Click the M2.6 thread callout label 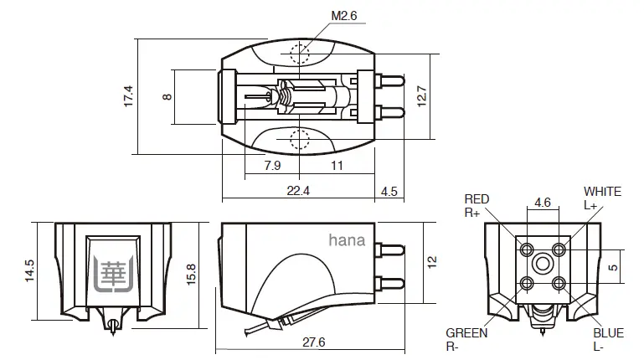point(319,15)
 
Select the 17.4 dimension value point(128,95)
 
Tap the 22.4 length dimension point(298,191)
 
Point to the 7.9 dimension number point(272,166)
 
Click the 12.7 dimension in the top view point(422,96)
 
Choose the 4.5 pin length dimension point(389,191)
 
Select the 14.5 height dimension point(28,270)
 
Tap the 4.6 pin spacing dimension point(542,202)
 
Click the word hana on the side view point(347,241)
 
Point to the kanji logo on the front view point(114,271)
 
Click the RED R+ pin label point(477,206)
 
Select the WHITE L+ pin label point(602,198)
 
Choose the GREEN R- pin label point(466,339)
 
